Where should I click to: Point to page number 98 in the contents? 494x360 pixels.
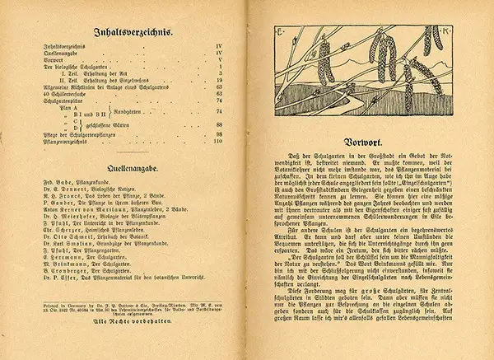(x=218, y=133)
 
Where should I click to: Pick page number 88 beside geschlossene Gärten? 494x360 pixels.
(x=218, y=120)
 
